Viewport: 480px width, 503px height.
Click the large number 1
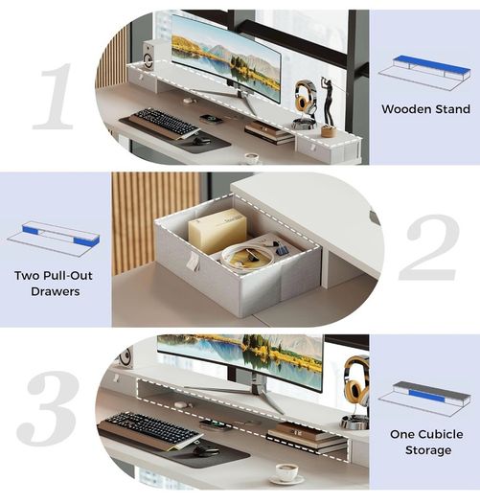(x=55, y=96)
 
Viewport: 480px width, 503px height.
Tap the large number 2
(x=430, y=247)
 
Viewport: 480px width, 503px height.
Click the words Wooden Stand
(x=425, y=109)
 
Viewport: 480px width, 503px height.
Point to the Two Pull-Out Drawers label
(x=54, y=284)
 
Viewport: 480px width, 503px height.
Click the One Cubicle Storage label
(x=427, y=442)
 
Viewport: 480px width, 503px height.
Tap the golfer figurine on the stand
(x=329, y=105)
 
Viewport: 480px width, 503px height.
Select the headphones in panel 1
(x=304, y=97)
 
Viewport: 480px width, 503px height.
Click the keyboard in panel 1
(x=165, y=122)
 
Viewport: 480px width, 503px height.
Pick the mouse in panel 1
(x=201, y=141)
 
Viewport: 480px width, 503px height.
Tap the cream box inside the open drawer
(x=217, y=230)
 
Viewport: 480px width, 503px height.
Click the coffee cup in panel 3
(x=287, y=471)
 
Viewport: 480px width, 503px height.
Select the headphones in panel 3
(x=356, y=380)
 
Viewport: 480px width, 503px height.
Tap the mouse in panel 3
(x=206, y=451)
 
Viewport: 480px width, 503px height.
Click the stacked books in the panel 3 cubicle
(x=307, y=436)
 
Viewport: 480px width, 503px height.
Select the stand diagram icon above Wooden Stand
(x=425, y=73)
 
